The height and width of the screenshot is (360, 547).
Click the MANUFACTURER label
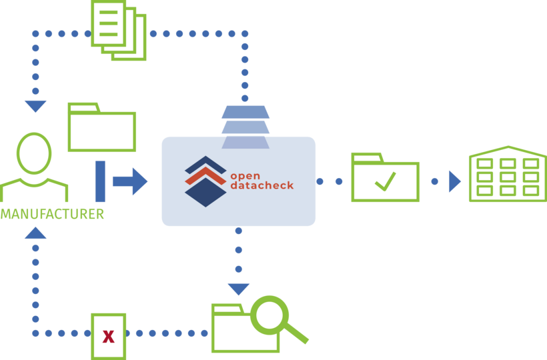[x=52, y=214]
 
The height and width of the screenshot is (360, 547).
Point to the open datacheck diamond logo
[x=205, y=181]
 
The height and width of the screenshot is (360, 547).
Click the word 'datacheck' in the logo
[x=261, y=186]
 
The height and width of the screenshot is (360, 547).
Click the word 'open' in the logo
[x=245, y=176]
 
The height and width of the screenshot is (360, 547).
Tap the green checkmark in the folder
[x=385, y=181]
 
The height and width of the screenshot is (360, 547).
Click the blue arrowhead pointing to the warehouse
[x=455, y=181]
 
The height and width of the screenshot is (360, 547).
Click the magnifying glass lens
[x=269, y=315]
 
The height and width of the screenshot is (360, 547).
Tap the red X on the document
[x=108, y=337]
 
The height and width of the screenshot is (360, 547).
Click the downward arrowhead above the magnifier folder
[x=238, y=289]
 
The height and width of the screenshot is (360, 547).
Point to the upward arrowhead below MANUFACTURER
[x=35, y=233]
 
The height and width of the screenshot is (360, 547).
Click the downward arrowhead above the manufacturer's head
[x=35, y=106]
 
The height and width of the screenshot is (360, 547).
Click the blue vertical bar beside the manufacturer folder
[x=100, y=181]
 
